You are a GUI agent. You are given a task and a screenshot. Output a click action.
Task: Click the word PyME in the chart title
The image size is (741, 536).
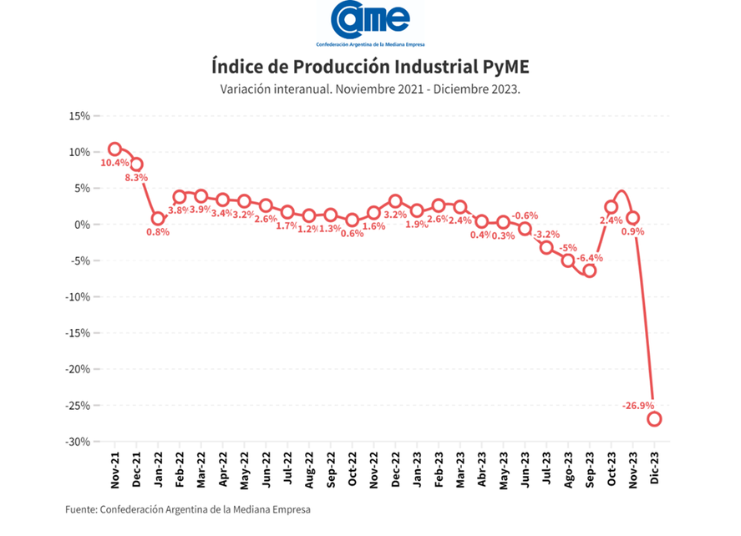505,67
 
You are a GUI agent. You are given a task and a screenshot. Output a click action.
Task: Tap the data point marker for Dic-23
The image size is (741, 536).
654,419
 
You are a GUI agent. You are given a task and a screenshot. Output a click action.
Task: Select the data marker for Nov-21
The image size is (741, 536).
114,149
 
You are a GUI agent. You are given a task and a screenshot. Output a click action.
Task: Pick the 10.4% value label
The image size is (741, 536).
114,164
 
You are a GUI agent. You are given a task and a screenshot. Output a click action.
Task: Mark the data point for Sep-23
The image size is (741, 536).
590,271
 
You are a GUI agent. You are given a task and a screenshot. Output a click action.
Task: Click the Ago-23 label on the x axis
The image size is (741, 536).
568,471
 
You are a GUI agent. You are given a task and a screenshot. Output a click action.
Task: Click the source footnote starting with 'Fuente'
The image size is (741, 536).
187,508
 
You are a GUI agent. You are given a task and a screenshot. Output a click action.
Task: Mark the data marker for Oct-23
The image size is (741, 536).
612,207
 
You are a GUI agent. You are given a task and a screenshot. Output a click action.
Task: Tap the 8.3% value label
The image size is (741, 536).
136,178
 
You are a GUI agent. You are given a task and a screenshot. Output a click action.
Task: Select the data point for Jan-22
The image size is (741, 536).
158,219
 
